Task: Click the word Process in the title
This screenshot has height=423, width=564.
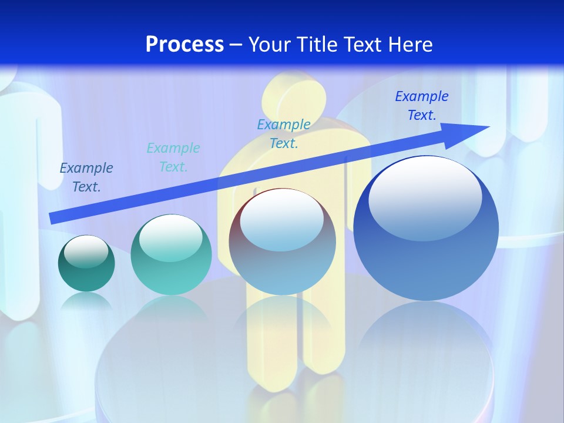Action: coord(184,45)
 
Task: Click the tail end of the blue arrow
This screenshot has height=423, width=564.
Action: coord(53,218)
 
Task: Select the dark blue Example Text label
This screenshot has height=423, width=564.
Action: coord(86,177)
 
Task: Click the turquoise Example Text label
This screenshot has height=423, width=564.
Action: coord(173,157)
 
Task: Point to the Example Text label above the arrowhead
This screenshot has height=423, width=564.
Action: coord(422,106)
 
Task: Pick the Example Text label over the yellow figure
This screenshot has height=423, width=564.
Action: coord(284,133)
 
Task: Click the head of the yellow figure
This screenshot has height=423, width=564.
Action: coord(294,94)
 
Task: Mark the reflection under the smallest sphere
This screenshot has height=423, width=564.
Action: coord(86,301)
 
